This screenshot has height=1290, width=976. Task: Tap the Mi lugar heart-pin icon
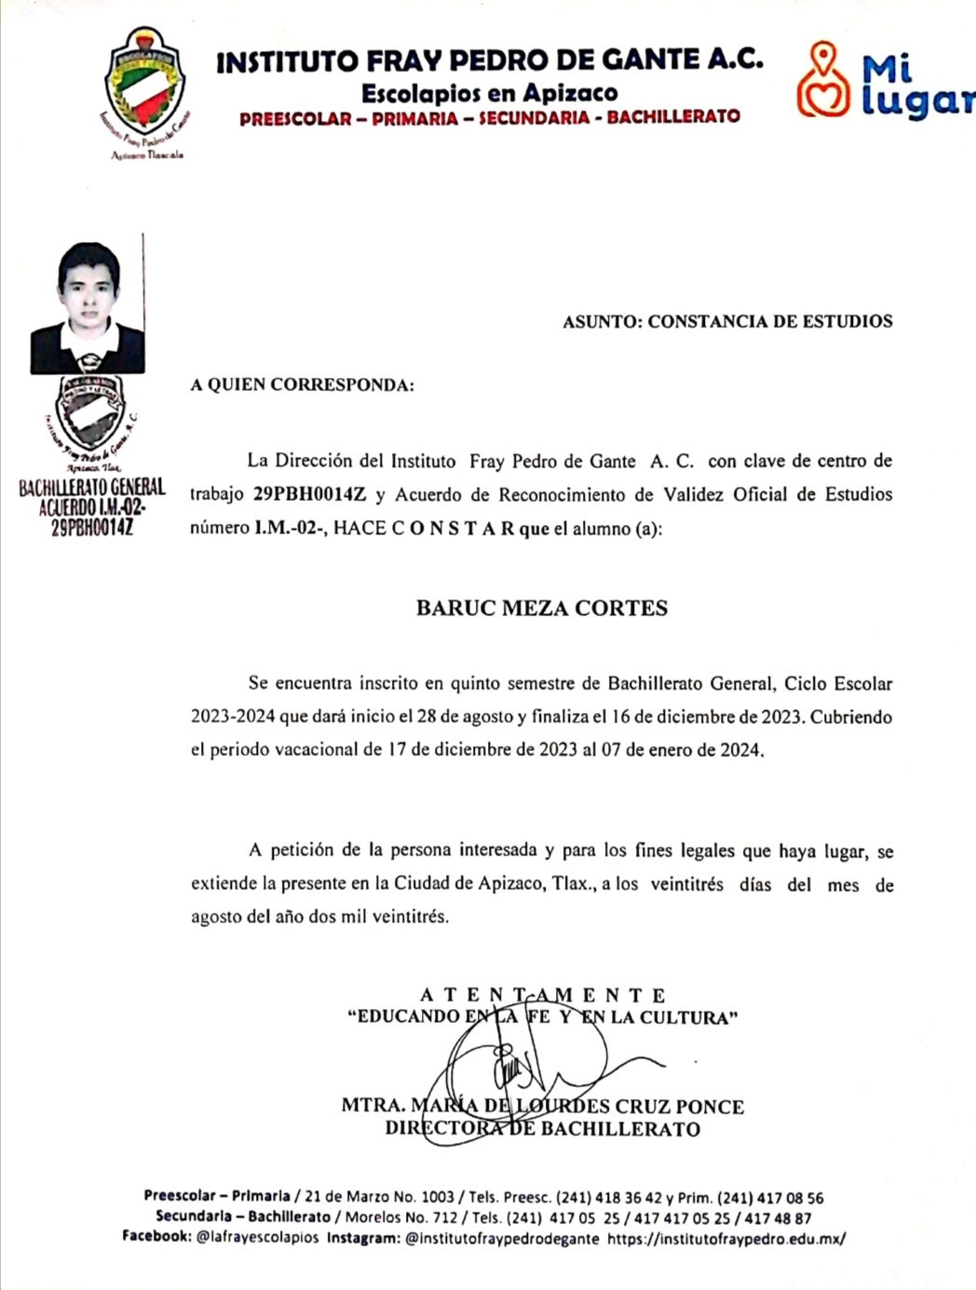pos(822,80)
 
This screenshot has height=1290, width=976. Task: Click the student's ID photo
pos(88,308)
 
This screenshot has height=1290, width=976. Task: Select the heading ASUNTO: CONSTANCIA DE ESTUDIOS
pos(727,322)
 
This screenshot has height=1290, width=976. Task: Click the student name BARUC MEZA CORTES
pos(541,609)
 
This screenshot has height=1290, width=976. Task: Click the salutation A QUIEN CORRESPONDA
pos(302,385)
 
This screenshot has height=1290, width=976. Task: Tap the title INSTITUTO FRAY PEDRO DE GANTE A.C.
pos(490,61)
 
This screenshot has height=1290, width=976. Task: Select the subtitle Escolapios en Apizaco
pos(489,93)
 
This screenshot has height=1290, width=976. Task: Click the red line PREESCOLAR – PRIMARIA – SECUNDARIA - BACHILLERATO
pos(489,118)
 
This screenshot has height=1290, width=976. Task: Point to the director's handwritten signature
pos(522,1070)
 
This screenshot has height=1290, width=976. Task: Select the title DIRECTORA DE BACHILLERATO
pos(542,1129)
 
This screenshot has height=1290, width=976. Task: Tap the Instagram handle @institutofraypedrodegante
pos(503,1239)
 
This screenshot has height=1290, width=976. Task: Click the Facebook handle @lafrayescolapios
pos(257,1238)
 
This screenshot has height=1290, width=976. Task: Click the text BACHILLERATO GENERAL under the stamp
pos(92,488)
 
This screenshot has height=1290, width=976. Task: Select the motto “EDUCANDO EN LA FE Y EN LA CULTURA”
pos(542,1016)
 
